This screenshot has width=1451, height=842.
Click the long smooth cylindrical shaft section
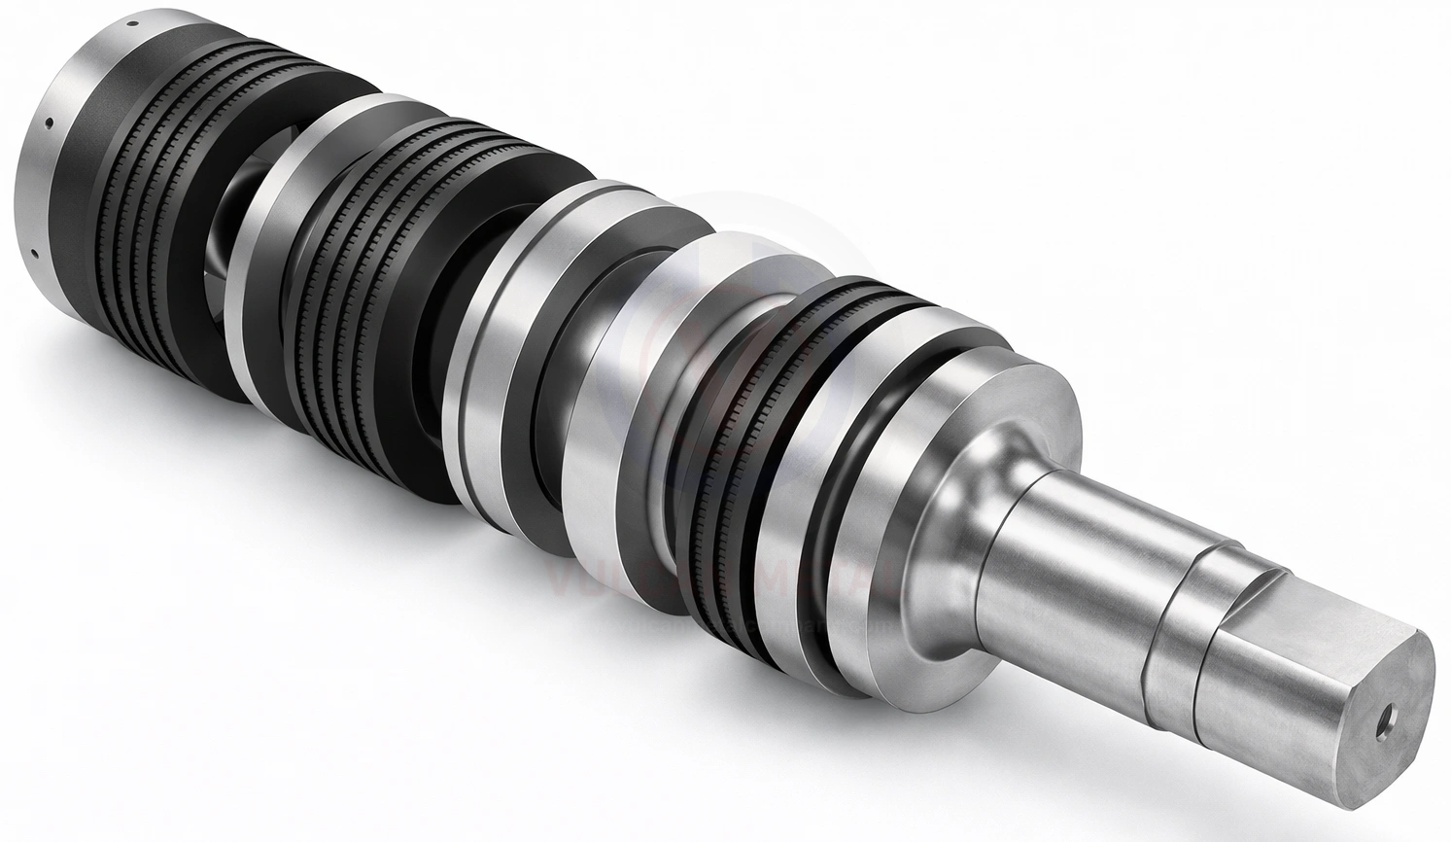click(x=1069, y=554)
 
